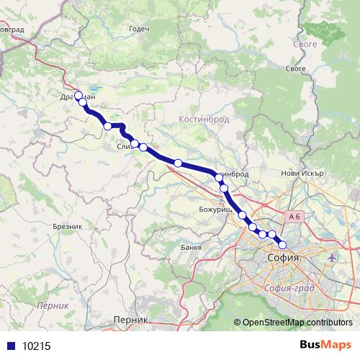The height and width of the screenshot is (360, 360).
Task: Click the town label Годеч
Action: [138, 29]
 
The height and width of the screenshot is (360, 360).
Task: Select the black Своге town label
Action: [297, 69]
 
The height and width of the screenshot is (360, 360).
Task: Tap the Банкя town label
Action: [192, 248]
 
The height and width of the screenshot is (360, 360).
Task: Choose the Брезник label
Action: [68, 226]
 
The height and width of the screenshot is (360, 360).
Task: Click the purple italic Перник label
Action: [54, 305]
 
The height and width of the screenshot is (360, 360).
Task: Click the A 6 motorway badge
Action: [293, 216]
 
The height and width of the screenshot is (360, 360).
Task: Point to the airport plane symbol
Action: [332, 257]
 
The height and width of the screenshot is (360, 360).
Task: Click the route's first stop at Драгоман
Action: [78, 95]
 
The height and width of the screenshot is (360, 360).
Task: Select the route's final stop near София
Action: [282, 243]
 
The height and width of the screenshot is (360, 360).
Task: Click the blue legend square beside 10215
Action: [10, 346]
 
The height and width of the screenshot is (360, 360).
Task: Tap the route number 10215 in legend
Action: [37, 346]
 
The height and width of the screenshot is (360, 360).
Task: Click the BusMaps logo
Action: [326, 345]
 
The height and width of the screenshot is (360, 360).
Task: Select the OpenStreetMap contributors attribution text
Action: [297, 322]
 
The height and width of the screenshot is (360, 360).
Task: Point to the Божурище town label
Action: [215, 209]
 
